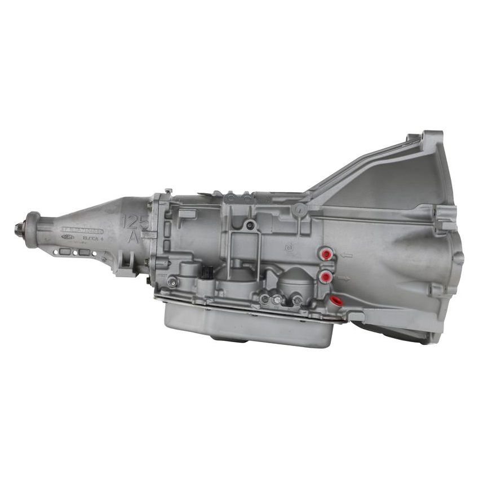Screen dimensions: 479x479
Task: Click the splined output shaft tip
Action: (18, 228)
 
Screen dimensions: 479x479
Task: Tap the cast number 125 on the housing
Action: (135, 221)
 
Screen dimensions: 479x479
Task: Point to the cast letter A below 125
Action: (134, 237)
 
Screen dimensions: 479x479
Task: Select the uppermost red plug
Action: (326, 255)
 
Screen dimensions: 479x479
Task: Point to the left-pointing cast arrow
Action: (346, 255)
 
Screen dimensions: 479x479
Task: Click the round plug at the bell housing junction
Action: (300, 210)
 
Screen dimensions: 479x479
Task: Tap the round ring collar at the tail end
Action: (32, 229)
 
